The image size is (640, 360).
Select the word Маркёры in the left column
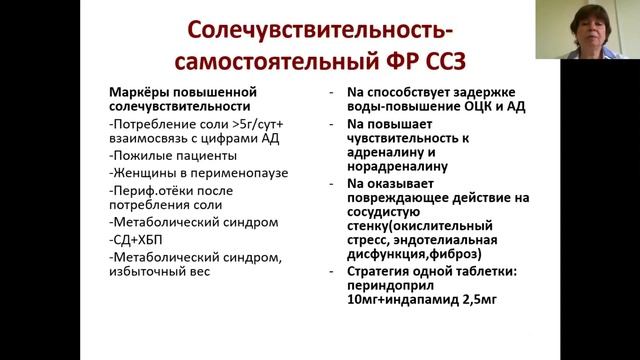tap(138, 92)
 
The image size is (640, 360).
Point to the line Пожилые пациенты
tap(173, 156)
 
